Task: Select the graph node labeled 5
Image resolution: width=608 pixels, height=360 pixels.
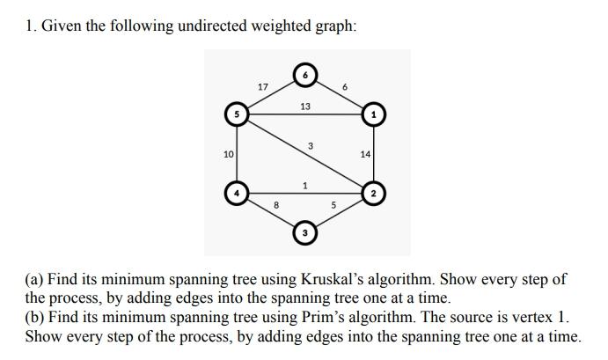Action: click(235, 114)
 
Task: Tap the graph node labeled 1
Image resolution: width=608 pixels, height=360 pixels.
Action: click(374, 114)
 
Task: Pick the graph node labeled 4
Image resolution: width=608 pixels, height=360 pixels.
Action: click(235, 192)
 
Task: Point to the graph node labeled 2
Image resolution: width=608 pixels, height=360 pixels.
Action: click(374, 192)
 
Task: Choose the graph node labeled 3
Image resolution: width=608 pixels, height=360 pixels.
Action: click(304, 232)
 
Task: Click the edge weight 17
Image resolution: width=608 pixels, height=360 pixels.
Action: click(262, 86)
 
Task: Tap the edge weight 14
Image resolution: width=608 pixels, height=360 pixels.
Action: click(366, 154)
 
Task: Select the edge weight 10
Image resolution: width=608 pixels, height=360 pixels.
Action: click(228, 154)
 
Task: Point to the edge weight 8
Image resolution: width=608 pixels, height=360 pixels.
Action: click(276, 205)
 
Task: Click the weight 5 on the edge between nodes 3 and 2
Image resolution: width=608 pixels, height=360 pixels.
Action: click(333, 206)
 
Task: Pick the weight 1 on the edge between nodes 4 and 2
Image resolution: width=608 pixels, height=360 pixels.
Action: click(304, 185)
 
